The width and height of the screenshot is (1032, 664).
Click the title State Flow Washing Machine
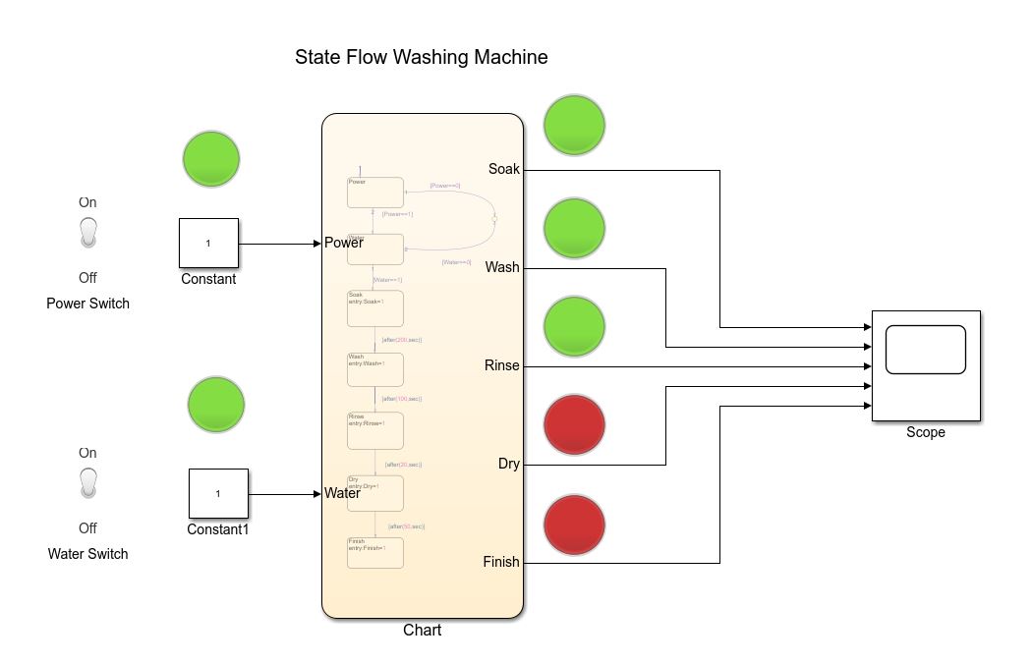click(421, 58)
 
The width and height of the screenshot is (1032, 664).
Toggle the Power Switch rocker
click(88, 233)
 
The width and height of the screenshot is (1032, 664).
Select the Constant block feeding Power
click(208, 243)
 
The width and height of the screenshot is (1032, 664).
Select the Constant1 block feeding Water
click(218, 493)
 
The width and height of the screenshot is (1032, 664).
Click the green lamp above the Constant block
click(211, 158)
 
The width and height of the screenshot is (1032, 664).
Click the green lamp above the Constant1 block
click(215, 404)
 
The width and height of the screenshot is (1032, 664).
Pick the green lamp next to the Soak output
click(575, 125)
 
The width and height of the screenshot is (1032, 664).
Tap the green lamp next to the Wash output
click(575, 228)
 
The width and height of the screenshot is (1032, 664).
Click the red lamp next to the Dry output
click(575, 424)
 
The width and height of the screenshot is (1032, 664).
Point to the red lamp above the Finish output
click(575, 525)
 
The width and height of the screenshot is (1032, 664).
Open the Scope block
click(926, 365)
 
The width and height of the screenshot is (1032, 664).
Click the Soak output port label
click(503, 169)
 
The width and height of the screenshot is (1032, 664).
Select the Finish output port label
click(500, 562)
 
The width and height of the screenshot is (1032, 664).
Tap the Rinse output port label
click(501, 365)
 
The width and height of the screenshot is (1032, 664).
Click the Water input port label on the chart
click(343, 493)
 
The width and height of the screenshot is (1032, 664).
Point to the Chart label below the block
click(422, 631)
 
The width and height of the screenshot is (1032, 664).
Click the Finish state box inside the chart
click(374, 552)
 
